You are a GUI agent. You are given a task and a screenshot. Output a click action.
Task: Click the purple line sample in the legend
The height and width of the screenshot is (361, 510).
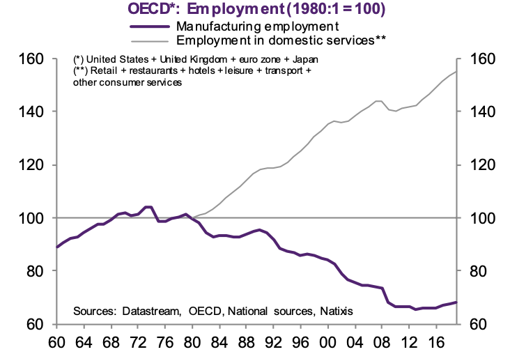point(150,26)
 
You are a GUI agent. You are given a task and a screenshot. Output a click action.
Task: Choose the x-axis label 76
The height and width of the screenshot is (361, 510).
point(162,346)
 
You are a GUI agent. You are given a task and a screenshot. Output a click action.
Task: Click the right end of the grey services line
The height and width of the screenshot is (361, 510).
point(456,72)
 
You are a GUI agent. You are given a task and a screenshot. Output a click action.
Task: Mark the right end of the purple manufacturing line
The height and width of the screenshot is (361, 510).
point(456,302)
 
